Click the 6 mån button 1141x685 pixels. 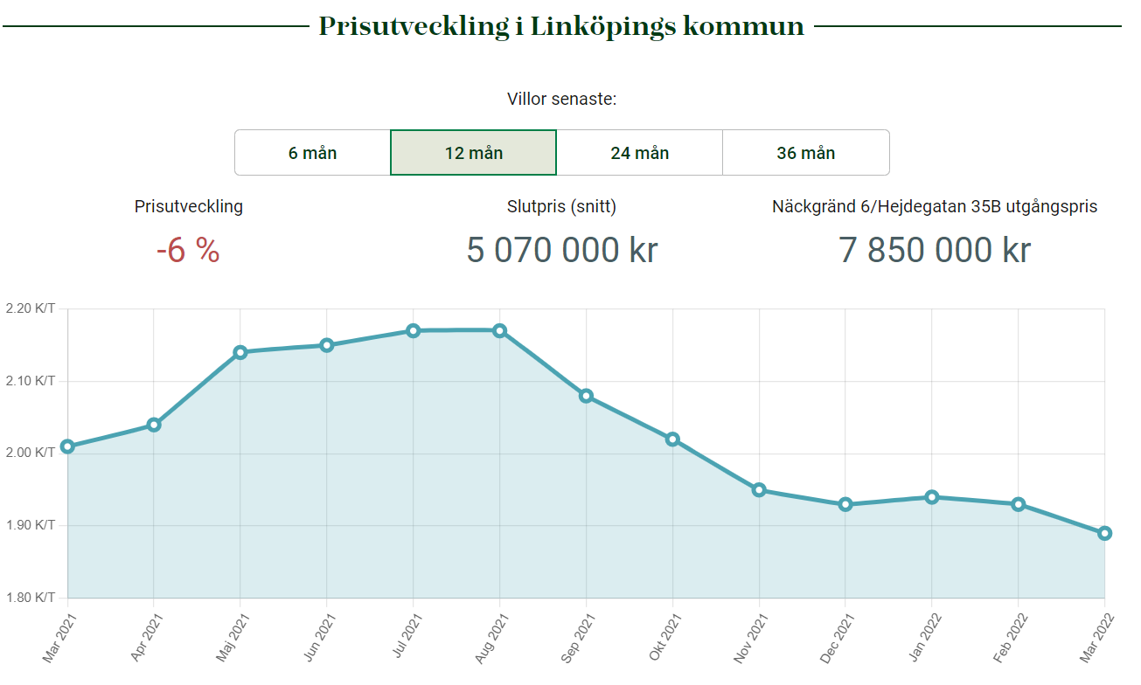pos(312,153)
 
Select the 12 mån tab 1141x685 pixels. pos(473,153)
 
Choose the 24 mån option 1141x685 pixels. pos(639,153)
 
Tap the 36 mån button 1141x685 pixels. pos(805,153)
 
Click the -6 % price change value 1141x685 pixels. pos(188,251)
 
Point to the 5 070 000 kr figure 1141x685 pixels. pos(562,251)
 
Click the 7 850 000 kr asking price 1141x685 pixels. pos(935,251)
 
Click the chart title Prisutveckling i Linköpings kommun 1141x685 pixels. pos(561,26)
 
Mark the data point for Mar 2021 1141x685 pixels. pos(67,446)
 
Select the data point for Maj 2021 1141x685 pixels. pos(240,352)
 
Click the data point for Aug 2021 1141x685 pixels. pos(499,330)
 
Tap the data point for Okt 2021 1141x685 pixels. pos(672,439)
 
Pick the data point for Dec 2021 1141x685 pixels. pos(845,504)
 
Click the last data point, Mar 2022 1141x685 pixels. pos(1104,533)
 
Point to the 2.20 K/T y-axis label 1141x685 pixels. pos(30,308)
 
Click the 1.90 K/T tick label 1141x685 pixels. pos(30,526)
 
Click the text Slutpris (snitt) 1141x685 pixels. pos(561,207)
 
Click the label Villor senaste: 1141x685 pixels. pos(561,99)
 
